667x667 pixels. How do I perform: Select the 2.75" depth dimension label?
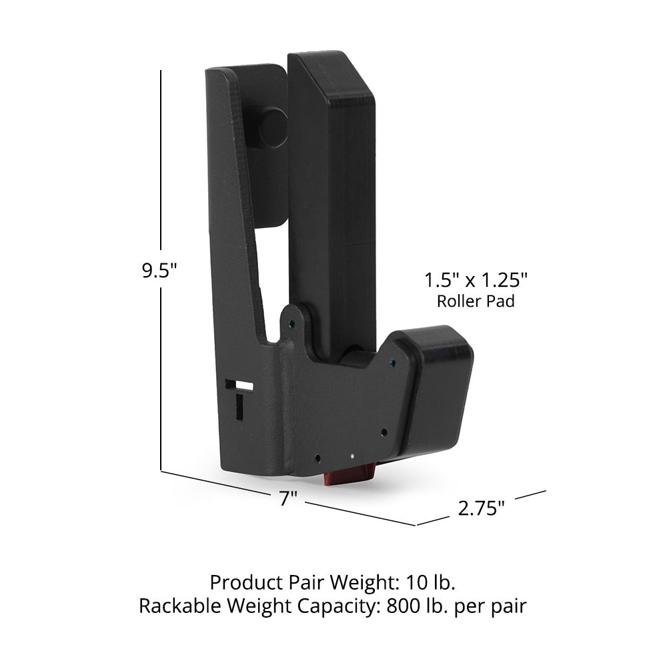pos(481,508)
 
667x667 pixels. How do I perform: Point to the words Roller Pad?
pos(476,301)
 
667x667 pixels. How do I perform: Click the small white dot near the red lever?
pos(351,457)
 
